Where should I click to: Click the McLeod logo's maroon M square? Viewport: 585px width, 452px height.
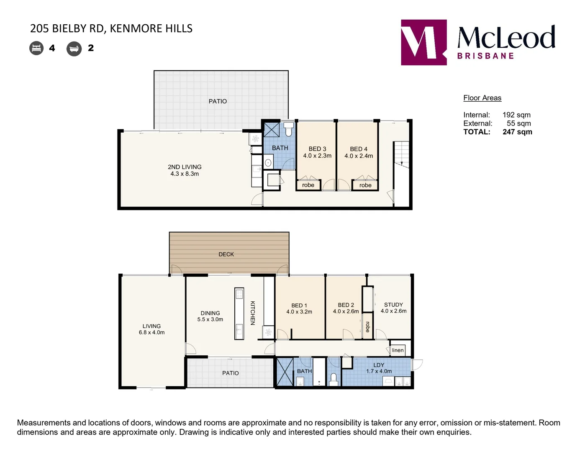tap(423, 42)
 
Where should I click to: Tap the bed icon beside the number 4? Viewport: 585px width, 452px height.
tap(36, 48)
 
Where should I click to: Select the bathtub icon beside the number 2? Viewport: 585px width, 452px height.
tap(74, 49)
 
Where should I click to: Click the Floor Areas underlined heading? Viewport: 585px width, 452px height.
tap(482, 98)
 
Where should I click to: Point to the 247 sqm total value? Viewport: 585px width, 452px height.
tap(517, 132)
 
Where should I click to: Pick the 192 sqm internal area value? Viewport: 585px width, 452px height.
tap(516, 115)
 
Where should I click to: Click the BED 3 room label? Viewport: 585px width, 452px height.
tap(317, 149)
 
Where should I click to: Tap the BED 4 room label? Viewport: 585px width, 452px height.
tap(359, 149)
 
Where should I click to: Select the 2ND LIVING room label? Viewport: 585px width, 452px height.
tap(185, 167)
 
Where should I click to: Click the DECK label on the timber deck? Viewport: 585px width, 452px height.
tap(226, 254)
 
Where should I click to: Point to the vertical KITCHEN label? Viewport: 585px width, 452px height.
tap(252, 313)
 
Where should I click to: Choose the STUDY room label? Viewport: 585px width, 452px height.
tap(393, 305)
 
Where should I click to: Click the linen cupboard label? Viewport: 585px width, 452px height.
tap(398, 350)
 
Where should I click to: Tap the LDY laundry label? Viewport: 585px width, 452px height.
tap(379, 365)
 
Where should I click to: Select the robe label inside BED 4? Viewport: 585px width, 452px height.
tap(365, 185)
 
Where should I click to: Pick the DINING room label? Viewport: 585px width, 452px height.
tap(210, 313)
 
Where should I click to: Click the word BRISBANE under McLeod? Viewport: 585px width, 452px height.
tap(485, 56)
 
